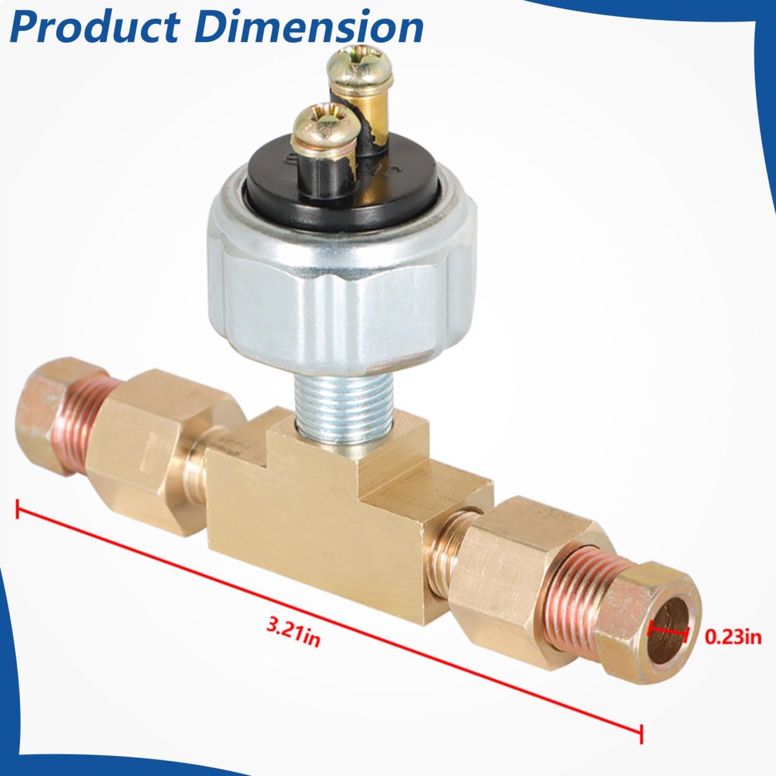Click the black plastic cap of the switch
341,183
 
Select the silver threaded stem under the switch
329,407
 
